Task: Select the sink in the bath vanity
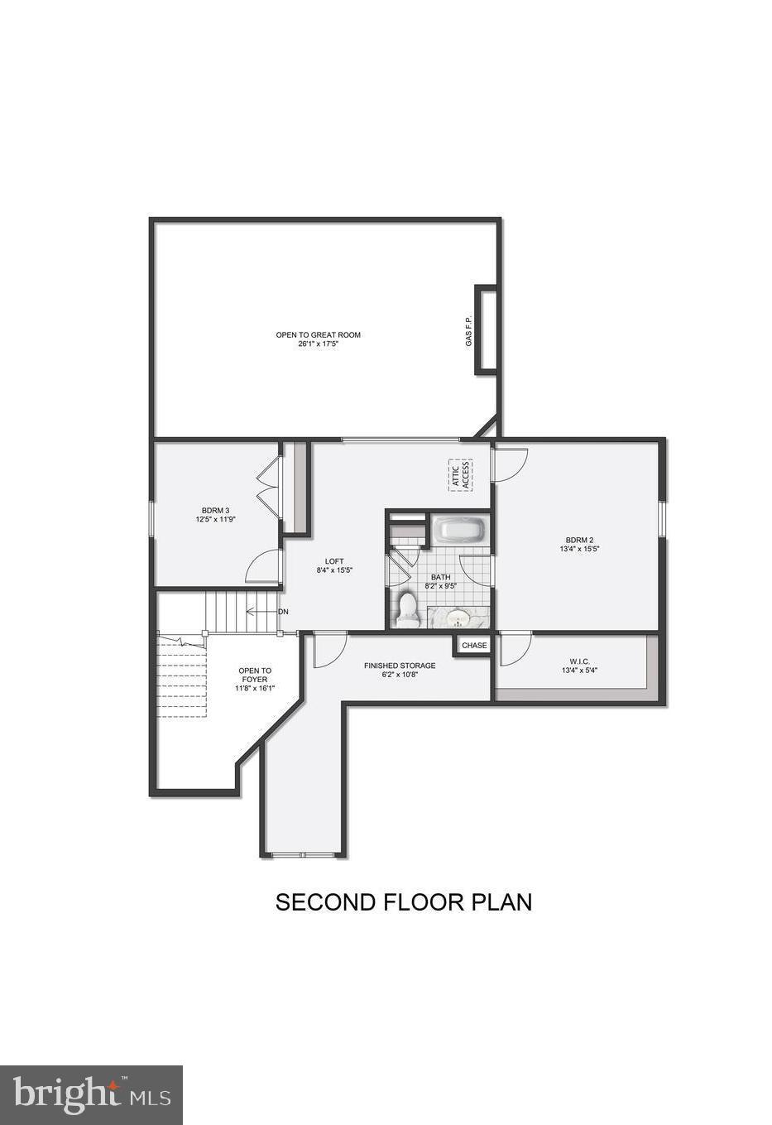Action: (x=458, y=617)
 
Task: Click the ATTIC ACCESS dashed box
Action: (x=460, y=475)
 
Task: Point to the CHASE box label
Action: (x=474, y=645)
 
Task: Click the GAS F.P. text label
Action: (x=468, y=330)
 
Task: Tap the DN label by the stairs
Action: (x=283, y=612)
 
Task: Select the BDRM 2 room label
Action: (x=579, y=539)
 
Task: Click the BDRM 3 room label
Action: (x=215, y=511)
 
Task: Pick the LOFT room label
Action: (x=334, y=561)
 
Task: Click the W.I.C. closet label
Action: (x=579, y=661)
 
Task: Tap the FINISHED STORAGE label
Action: (x=400, y=666)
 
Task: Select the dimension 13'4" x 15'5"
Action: (x=579, y=548)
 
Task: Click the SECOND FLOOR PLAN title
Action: (x=403, y=901)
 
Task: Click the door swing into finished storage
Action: (x=329, y=649)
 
